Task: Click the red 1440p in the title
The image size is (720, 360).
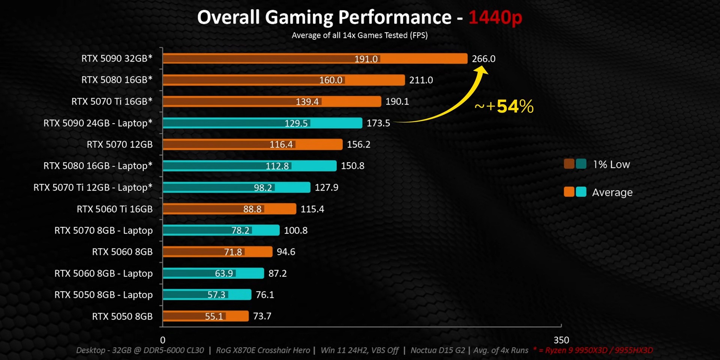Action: [x=495, y=17]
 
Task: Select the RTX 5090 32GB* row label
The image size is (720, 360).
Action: [x=117, y=58]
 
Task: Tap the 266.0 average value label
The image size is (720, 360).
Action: [x=483, y=59]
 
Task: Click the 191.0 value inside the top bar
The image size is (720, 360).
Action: [x=366, y=59]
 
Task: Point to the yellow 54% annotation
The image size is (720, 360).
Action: [x=514, y=106]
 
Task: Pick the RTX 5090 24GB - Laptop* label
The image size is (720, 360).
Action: [x=98, y=123]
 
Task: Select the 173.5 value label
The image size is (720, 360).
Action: [x=378, y=123]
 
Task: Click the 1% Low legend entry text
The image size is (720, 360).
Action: [x=611, y=164]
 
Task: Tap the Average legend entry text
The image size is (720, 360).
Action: [x=612, y=192]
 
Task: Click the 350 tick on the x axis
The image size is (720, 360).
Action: [x=561, y=340]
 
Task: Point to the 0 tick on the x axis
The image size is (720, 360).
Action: [x=163, y=340]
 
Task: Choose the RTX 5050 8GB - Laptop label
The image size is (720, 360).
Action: [x=103, y=295]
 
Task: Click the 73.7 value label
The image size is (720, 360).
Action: [x=262, y=316]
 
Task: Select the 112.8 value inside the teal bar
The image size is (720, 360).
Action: [x=277, y=166]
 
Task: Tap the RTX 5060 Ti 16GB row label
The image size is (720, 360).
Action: [x=115, y=209]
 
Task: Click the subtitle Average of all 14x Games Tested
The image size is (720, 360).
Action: [x=360, y=35]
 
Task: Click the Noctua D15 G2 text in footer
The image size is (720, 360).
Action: [x=438, y=350]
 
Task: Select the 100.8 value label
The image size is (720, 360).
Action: [x=295, y=230]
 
